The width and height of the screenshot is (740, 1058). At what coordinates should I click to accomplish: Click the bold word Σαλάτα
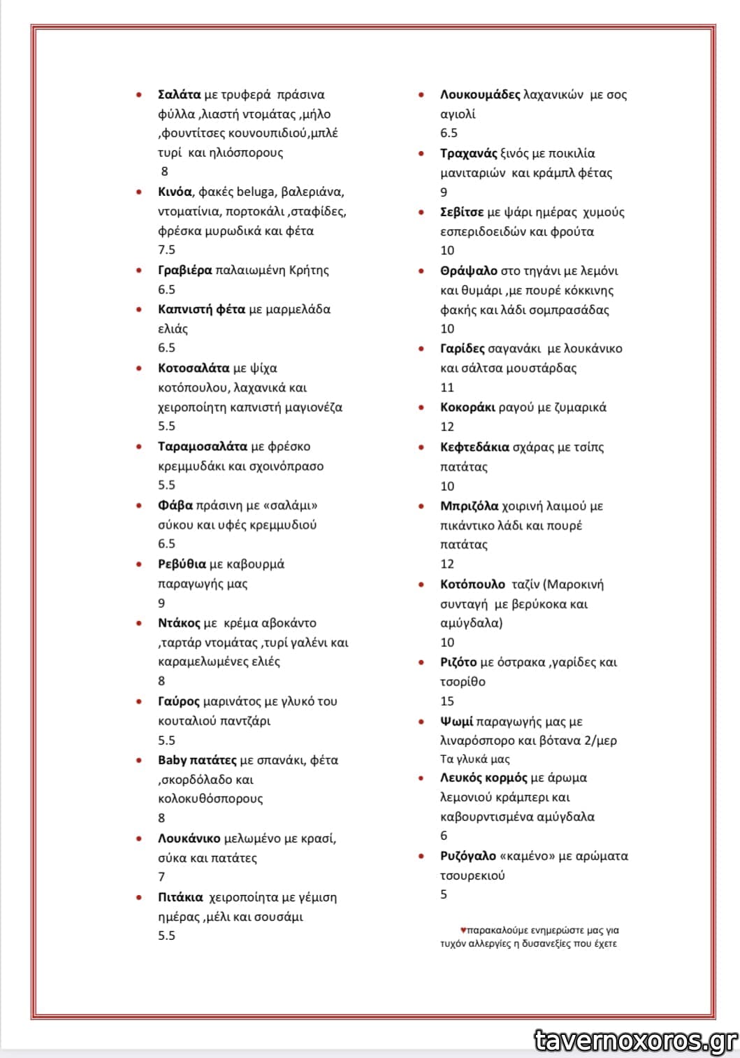179,94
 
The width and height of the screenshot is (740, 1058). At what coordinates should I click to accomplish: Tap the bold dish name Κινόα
175,192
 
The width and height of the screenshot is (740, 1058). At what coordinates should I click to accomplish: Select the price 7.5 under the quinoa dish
166,250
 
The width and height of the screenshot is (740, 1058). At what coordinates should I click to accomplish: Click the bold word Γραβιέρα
184,270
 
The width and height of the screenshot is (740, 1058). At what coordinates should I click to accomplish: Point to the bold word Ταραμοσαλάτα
203,446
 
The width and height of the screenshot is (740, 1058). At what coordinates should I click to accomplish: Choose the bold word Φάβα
175,505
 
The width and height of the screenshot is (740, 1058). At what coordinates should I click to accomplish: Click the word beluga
256,192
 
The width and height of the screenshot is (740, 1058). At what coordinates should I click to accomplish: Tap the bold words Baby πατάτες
197,760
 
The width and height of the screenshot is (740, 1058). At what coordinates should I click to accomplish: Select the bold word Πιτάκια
180,897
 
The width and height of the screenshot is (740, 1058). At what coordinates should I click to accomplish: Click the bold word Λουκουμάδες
480,94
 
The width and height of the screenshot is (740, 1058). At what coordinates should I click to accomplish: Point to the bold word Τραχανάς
468,153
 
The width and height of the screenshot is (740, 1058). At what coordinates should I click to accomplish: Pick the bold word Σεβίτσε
462,212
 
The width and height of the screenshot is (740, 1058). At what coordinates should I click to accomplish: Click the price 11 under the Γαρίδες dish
447,387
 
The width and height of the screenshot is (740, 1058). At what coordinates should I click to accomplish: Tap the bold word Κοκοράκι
467,407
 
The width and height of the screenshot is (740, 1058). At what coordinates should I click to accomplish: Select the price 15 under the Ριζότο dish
447,701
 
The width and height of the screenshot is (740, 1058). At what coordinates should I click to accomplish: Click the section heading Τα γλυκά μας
474,759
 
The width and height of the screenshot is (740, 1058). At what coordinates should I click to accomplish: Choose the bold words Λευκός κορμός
484,778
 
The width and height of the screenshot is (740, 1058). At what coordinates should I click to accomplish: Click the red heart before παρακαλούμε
463,930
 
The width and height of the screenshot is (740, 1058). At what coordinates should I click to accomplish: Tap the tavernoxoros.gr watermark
635,1041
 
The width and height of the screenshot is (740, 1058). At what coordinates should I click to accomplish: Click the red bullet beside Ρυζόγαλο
421,856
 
